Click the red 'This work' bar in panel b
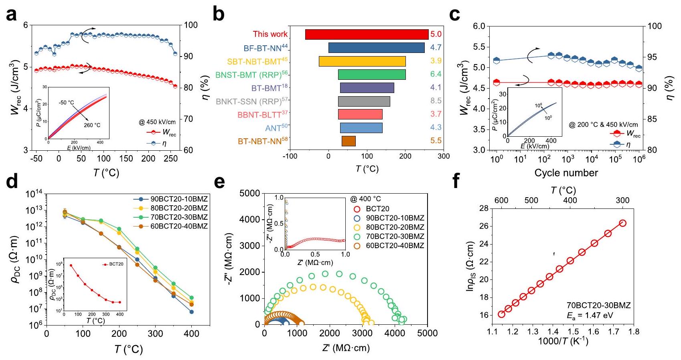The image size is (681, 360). pos(367,34)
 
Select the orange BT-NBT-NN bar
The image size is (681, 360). pos(349,141)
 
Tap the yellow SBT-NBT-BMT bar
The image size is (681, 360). pos(362,61)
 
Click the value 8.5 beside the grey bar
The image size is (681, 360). pos(436,101)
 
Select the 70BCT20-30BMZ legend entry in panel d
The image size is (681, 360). pos(179,217)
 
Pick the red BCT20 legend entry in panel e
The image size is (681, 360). pos(377,209)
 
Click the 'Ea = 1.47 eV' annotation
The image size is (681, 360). pos(590,316)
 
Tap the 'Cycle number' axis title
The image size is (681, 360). pos(566,173)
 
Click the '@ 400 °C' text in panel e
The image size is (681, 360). pos(366,199)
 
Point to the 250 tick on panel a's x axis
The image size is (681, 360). pos(170,159)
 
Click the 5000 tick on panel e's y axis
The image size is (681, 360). pos(249,194)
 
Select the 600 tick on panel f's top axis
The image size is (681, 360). pos(501,200)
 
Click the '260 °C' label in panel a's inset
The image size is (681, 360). pos(92,125)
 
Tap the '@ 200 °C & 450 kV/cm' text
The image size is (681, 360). pos(603,125)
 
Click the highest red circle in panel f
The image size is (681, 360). pos(622,223)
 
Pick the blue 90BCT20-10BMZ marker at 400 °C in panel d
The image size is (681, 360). pos(191,312)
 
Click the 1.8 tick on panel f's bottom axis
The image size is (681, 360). pos(634,332)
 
